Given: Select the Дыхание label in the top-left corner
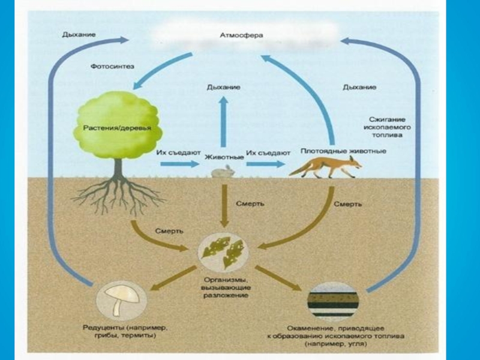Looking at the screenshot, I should [79, 35].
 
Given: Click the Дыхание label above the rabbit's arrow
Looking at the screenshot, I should [224, 87].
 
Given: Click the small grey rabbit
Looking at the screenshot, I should [223, 172].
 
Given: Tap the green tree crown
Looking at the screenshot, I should [117, 123].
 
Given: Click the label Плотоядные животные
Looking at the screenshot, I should [343, 151].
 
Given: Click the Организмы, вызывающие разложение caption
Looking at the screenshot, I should [223, 287].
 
